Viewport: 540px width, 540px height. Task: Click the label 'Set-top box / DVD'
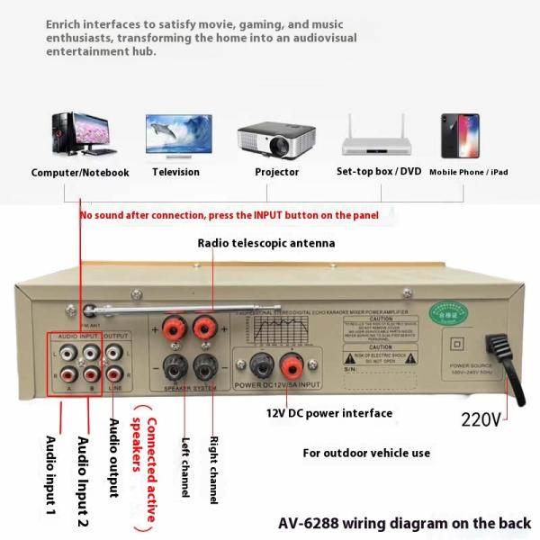pos(378,171)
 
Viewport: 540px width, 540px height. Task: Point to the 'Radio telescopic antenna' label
pos(266,243)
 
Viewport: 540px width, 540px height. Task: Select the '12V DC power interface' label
pos(328,413)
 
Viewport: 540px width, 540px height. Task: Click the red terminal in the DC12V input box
pos(291,366)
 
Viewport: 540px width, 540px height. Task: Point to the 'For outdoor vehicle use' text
pos(366,453)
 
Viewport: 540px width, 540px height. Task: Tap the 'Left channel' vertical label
pos(184,468)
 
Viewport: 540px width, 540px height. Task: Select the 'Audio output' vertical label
pos(113,458)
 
